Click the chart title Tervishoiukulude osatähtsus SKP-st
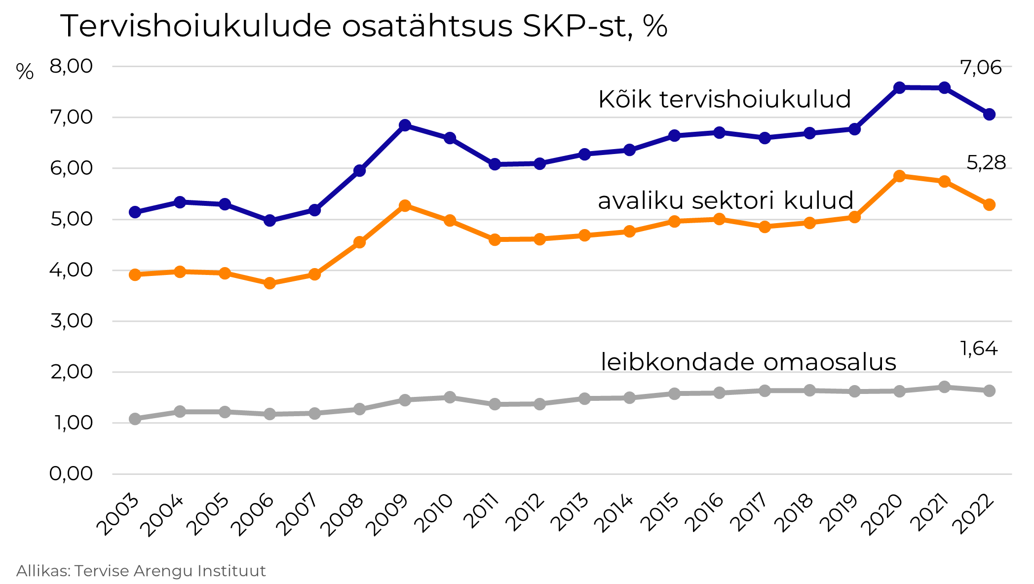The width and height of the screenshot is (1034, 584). (x=363, y=27)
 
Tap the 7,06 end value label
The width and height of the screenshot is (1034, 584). (x=981, y=68)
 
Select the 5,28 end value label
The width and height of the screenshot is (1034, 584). (x=986, y=163)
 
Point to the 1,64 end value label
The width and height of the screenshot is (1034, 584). (x=978, y=349)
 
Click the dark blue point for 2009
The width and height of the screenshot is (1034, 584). (x=405, y=125)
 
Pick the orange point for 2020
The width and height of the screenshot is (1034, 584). (x=899, y=176)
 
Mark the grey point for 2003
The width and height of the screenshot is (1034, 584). (x=135, y=419)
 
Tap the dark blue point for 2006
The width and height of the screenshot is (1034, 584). (x=269, y=220)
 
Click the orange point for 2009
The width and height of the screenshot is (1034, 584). (x=405, y=205)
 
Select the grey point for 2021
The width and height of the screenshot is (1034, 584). (x=944, y=387)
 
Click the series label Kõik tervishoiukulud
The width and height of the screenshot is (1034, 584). (x=725, y=99)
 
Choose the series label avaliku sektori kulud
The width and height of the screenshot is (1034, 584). (x=726, y=200)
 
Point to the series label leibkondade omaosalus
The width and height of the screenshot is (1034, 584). (x=748, y=362)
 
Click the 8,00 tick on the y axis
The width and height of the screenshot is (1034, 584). (x=71, y=66)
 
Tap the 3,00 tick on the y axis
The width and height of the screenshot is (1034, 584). (x=71, y=321)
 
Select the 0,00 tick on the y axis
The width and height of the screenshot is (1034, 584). (x=71, y=474)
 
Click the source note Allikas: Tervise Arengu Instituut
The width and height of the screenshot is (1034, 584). (x=141, y=571)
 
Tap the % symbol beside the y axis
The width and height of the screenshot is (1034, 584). (x=25, y=72)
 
